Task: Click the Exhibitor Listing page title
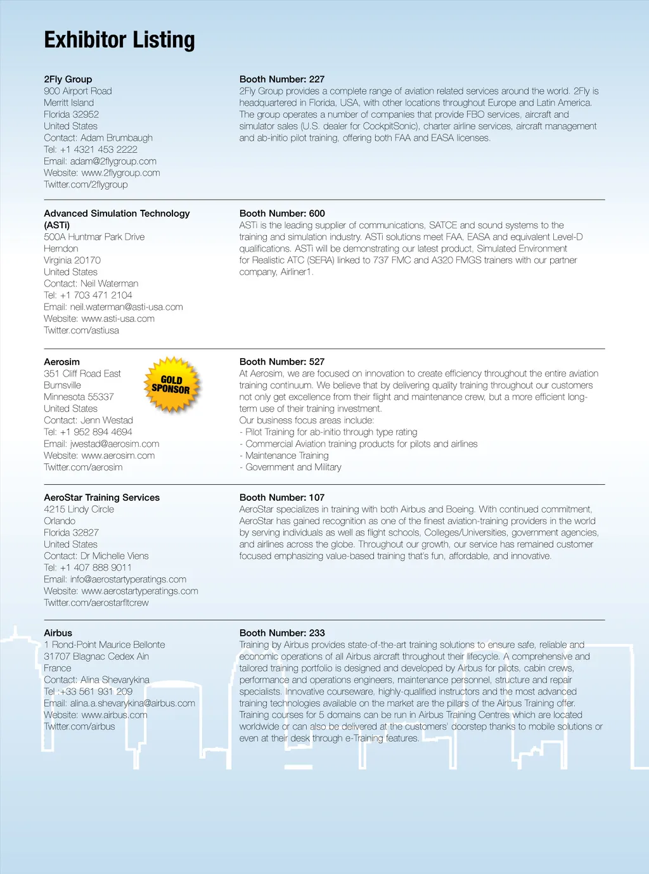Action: coord(119,40)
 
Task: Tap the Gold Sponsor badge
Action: coord(172,385)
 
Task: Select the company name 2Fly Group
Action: coord(68,79)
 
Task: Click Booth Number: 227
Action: coord(281,79)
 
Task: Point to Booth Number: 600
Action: coord(281,214)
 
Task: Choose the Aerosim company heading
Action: coord(61,362)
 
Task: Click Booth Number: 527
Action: coord(281,362)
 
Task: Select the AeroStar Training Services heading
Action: coord(101,498)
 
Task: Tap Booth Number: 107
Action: coord(281,498)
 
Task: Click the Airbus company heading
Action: coord(58,633)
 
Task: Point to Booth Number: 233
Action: coord(281,633)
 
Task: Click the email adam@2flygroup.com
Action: coord(113,161)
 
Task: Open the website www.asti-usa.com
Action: coord(118,319)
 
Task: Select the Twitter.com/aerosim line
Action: coord(83,467)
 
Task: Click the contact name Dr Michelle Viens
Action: coord(114,556)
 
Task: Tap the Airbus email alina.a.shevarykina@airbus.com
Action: coord(132,704)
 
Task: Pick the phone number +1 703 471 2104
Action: coord(96,295)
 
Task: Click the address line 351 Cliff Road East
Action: coord(82,374)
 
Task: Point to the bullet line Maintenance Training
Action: coord(286,456)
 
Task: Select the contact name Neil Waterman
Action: coord(109,283)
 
